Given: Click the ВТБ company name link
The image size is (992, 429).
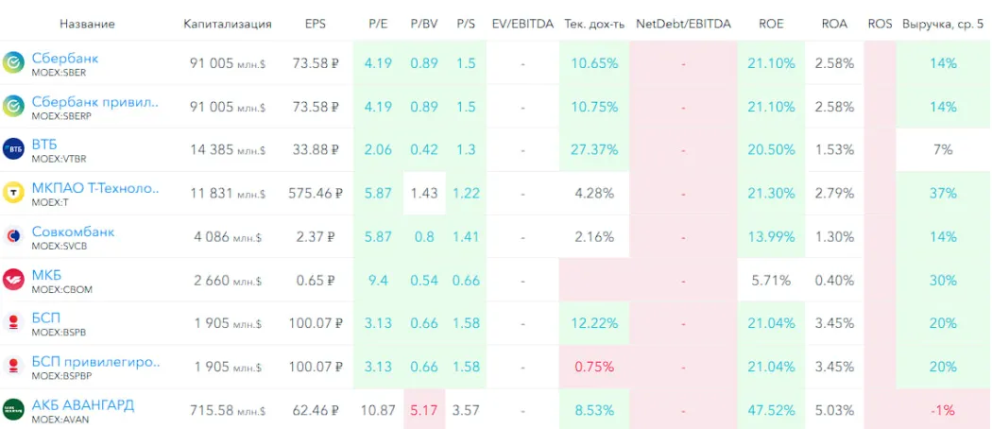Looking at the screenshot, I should tap(44, 145).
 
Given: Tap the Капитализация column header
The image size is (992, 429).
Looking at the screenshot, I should tap(227, 24).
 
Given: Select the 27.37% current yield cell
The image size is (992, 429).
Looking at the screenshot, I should tap(594, 149).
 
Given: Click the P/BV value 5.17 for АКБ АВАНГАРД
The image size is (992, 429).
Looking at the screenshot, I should tap(424, 410).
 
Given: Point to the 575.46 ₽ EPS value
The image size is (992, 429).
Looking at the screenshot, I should tap(314, 193).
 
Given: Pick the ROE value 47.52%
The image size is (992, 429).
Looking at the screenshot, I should tap(771, 410).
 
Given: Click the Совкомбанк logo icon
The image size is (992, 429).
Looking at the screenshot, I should tap(14, 236).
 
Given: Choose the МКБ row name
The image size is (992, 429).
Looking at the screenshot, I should tap(45, 275).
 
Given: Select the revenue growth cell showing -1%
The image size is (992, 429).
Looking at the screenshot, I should tap(943, 410).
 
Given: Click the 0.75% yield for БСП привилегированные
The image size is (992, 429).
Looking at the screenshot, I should tap(594, 367).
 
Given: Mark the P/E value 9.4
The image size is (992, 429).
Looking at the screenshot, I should tap(378, 280).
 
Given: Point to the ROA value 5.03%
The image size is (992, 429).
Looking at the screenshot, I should tap(834, 410).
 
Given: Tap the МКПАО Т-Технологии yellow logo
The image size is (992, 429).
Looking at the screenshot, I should tap(14, 193).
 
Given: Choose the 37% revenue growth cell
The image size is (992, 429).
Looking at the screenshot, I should tap(943, 193).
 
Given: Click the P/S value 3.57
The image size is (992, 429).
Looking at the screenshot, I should tap(465, 410).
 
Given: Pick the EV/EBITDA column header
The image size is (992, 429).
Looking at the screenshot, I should tap(522, 24).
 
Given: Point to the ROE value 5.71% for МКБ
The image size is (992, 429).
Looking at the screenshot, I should tap(771, 280).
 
